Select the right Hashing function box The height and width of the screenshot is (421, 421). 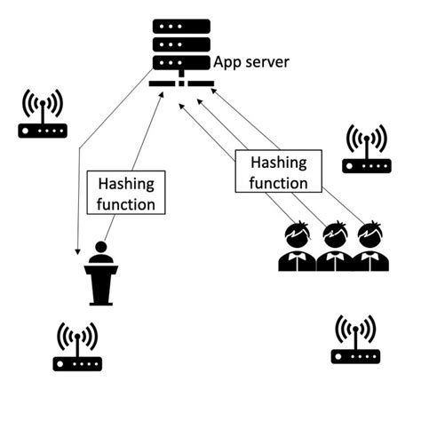279,172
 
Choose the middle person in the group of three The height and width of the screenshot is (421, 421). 333,248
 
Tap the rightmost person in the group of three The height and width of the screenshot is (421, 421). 369,248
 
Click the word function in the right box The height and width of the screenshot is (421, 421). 279,183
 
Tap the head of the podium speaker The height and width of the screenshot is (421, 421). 100,248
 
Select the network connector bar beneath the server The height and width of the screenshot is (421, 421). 181,84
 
